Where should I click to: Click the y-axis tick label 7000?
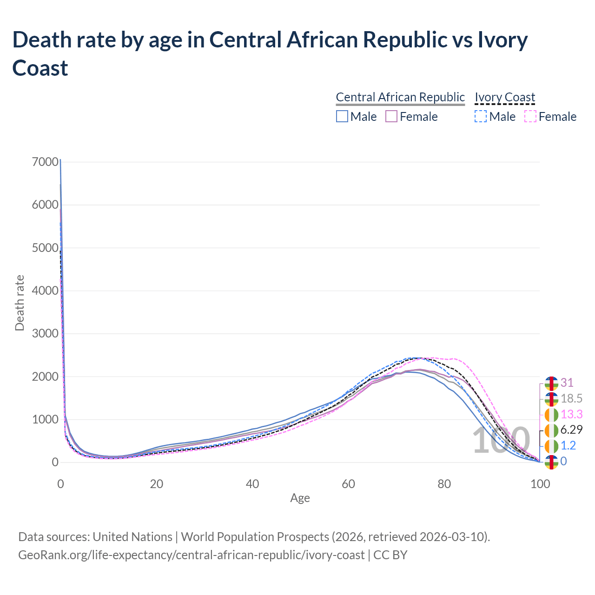pos(46,162)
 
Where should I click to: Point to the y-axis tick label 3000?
pos(46,334)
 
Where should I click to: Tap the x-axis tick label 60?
pos(348,484)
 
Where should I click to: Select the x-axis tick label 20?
pos(157,484)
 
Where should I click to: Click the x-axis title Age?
pos(300,498)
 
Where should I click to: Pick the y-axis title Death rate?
pos(20,303)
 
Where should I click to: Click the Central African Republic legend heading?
pos(400,97)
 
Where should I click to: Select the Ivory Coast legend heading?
pos(505,97)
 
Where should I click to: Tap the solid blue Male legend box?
pos(342,116)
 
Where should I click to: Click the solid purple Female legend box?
pos(391,116)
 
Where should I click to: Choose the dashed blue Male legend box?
pos(481,116)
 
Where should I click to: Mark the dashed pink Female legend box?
pos(530,116)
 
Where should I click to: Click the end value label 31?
pos(567,383)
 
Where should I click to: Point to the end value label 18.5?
pos(571,399)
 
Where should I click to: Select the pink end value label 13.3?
pos(571,414)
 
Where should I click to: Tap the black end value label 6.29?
pos(571,430)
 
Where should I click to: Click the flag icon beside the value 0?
pos(551,462)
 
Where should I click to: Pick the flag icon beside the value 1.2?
pos(551,446)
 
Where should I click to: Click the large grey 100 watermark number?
pos(501,441)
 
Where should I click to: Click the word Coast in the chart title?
pos(40,68)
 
